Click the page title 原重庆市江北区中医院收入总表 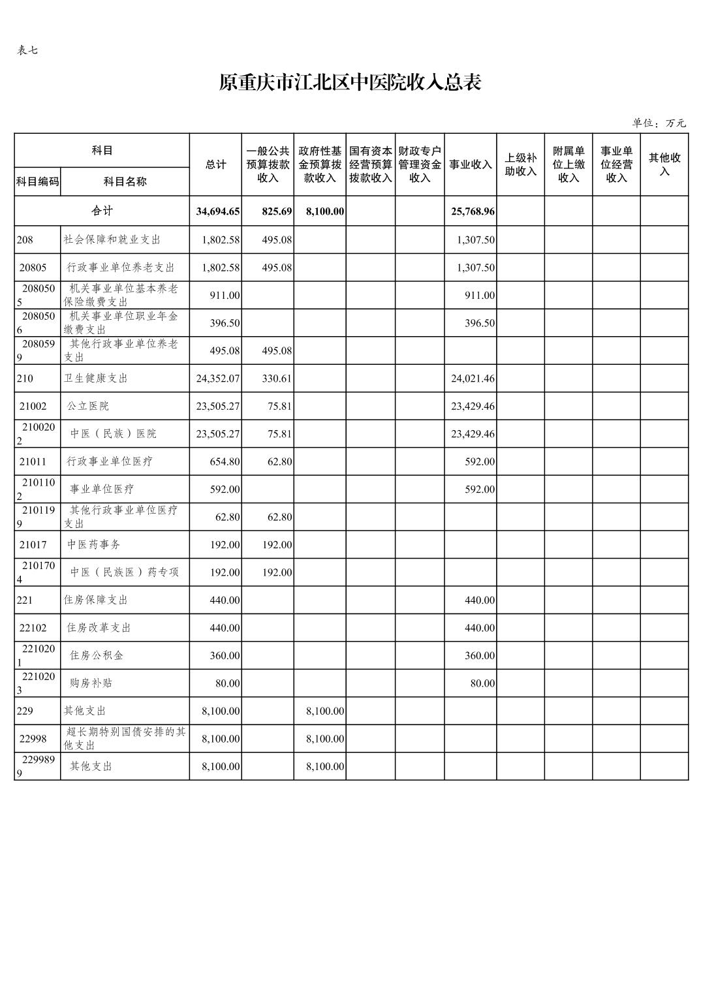(350, 83)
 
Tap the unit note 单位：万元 (659, 123)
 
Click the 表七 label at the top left (27, 50)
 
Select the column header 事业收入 (470, 164)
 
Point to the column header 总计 (215, 164)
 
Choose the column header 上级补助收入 (520, 164)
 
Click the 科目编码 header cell (37, 181)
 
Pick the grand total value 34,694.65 (218, 211)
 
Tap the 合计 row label (102, 211)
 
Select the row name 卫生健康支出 (95, 379)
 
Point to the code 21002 (33, 406)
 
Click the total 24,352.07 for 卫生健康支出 (218, 379)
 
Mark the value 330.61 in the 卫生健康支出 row (277, 379)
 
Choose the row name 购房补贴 (91, 683)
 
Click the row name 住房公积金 (96, 655)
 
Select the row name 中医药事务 (93, 544)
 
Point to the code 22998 (33, 738)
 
